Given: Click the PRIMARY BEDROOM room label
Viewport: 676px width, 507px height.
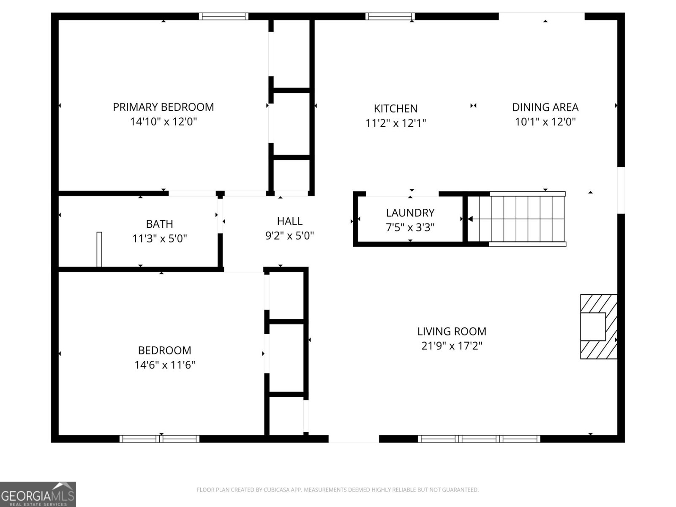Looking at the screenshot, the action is click(163, 107).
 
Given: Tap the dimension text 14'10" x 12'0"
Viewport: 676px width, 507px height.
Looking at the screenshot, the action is click(163, 122).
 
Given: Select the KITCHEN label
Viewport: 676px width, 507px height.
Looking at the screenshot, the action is click(395, 109).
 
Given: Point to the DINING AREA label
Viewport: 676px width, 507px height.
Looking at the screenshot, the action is click(545, 107).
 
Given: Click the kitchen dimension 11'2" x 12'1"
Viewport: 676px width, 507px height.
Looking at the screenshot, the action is click(395, 123).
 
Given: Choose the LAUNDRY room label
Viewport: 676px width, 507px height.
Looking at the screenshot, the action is click(410, 213).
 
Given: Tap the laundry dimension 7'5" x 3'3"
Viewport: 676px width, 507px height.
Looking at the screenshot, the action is click(410, 227).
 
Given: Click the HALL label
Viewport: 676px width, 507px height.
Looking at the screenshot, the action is click(289, 221).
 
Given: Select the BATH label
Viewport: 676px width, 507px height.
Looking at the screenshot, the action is click(159, 224).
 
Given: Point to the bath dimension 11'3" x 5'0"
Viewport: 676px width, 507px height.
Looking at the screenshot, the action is click(160, 239).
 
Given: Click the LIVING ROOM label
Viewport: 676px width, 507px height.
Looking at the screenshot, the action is click(452, 331).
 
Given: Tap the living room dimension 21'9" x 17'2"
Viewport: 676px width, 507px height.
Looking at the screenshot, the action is click(452, 346).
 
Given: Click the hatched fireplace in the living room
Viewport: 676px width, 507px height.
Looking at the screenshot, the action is click(598, 327).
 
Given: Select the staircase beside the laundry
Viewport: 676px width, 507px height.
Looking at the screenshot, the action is click(516, 219).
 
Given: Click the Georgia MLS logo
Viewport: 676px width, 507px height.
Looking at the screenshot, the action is click(38, 494).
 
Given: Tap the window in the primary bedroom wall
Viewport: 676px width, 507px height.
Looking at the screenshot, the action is click(223, 16).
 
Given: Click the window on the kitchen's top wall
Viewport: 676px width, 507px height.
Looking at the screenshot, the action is click(390, 16).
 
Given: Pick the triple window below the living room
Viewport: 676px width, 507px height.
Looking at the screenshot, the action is click(479, 439).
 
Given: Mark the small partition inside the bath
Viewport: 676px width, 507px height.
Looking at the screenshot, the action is click(99, 249).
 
